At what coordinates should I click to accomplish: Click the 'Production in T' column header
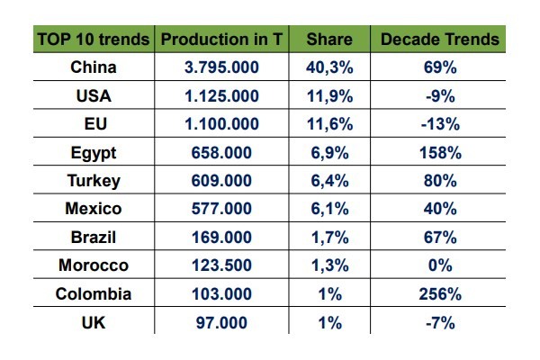click(x=222, y=40)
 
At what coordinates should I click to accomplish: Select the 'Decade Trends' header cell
click(x=439, y=40)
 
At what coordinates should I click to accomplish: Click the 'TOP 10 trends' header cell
click(x=94, y=40)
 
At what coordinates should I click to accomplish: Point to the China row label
click(x=94, y=67)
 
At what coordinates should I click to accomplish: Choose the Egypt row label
click(x=94, y=152)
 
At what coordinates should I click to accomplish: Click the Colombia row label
click(x=94, y=294)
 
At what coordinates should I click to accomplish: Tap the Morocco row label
click(x=94, y=265)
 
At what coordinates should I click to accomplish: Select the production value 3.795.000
click(x=222, y=67)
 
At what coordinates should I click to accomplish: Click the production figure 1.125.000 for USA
click(x=222, y=96)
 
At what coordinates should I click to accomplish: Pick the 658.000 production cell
click(x=222, y=152)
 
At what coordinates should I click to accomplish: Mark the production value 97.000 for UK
click(x=222, y=322)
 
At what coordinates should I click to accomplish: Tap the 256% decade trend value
click(x=439, y=294)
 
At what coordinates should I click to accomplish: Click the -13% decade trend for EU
click(x=439, y=124)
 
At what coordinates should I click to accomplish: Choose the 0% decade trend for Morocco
click(x=439, y=265)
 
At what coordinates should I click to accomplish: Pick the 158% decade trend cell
click(x=439, y=152)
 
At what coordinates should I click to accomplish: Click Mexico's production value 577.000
click(x=222, y=209)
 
